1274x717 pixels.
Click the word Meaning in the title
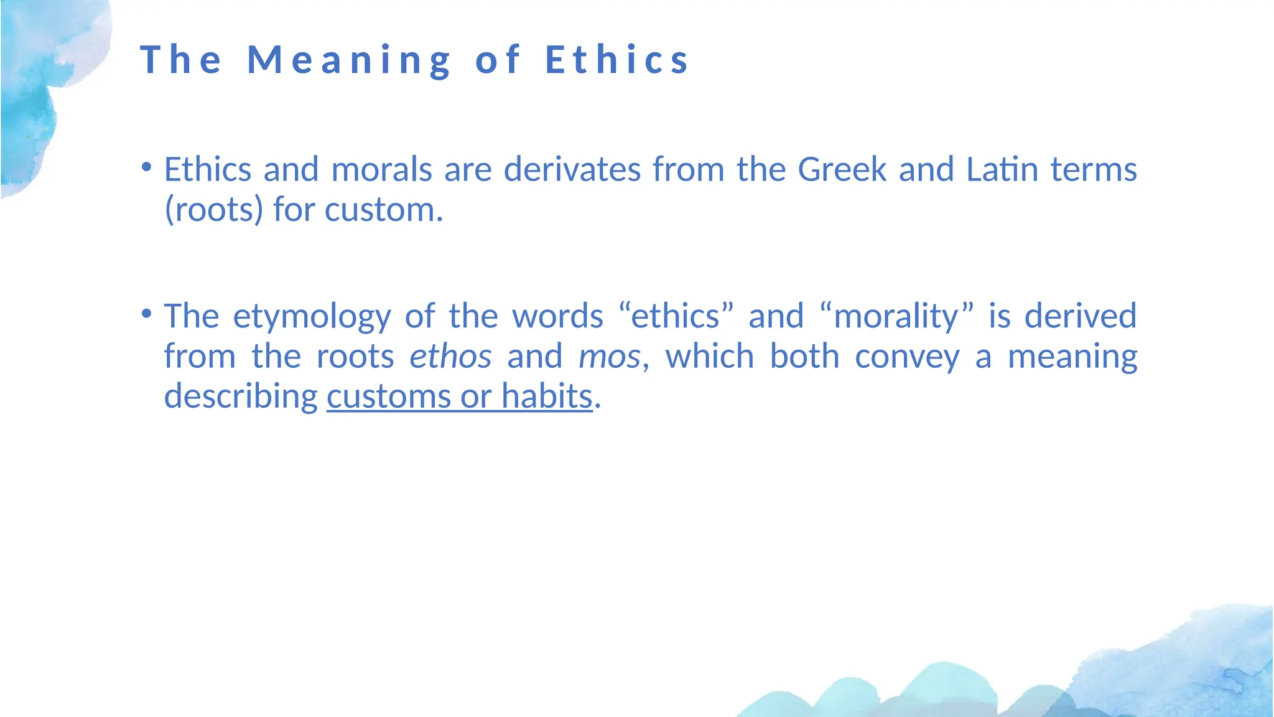[x=350, y=60]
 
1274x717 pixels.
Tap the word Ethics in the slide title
[x=617, y=60]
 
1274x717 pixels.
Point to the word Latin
[x=1002, y=169]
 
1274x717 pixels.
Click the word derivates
[x=572, y=169]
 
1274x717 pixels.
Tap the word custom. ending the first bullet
[x=384, y=210]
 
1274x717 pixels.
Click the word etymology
[x=312, y=316]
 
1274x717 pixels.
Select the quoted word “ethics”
[x=676, y=316]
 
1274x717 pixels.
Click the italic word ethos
[x=450, y=357]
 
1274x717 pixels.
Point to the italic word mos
[x=609, y=357]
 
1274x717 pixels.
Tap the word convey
[x=907, y=357]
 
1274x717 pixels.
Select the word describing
[x=241, y=396]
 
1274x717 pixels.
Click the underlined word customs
[x=389, y=396]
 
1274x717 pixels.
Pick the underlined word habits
[x=547, y=396]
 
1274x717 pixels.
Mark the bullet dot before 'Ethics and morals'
[x=146, y=167]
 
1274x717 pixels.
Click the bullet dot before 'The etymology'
[x=146, y=313]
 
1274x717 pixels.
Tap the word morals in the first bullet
[x=381, y=169]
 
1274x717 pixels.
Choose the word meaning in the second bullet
[x=1072, y=357]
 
